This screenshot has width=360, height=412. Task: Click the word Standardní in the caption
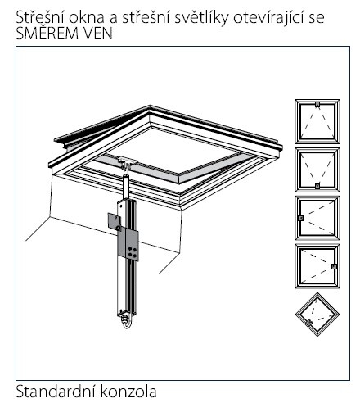(56, 391)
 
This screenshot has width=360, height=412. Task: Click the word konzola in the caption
(128, 391)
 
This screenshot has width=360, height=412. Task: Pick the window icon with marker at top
(317, 121)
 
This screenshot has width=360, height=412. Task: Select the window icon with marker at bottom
(317, 170)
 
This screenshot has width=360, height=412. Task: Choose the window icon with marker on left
(317, 218)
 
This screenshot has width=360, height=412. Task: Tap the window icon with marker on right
(317, 266)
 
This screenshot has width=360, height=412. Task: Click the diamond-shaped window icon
(317, 315)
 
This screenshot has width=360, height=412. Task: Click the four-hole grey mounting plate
(128, 245)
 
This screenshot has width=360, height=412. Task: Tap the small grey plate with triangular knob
(115, 221)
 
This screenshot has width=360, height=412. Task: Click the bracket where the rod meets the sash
(128, 161)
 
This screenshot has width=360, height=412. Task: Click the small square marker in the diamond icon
(309, 322)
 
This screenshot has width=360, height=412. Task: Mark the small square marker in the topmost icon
(317, 104)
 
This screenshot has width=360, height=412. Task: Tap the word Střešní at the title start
(40, 17)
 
